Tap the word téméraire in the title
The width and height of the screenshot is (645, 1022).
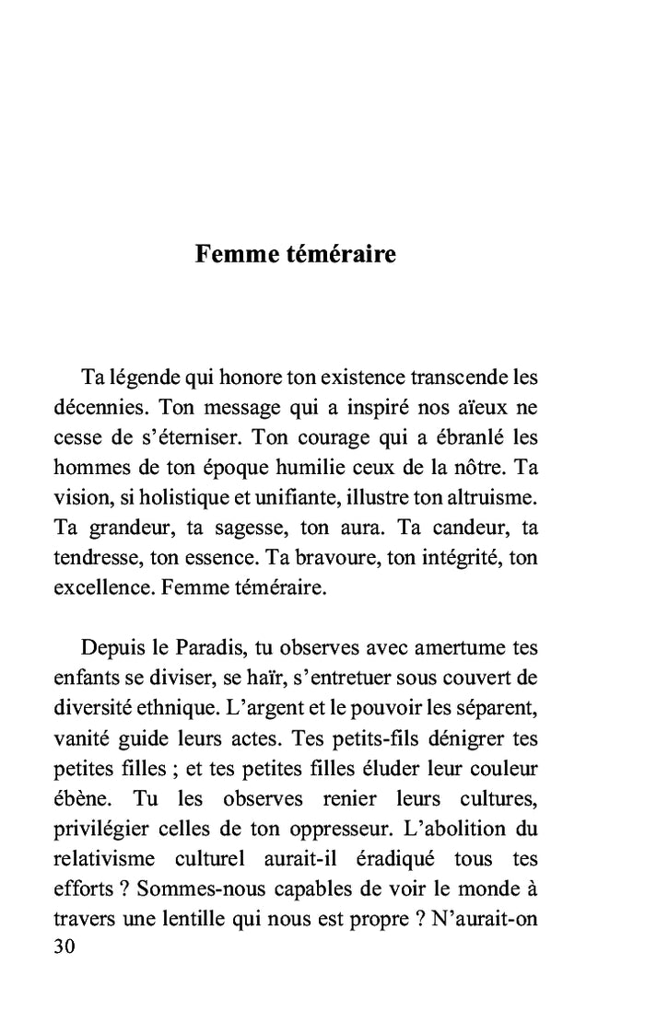(338, 254)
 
